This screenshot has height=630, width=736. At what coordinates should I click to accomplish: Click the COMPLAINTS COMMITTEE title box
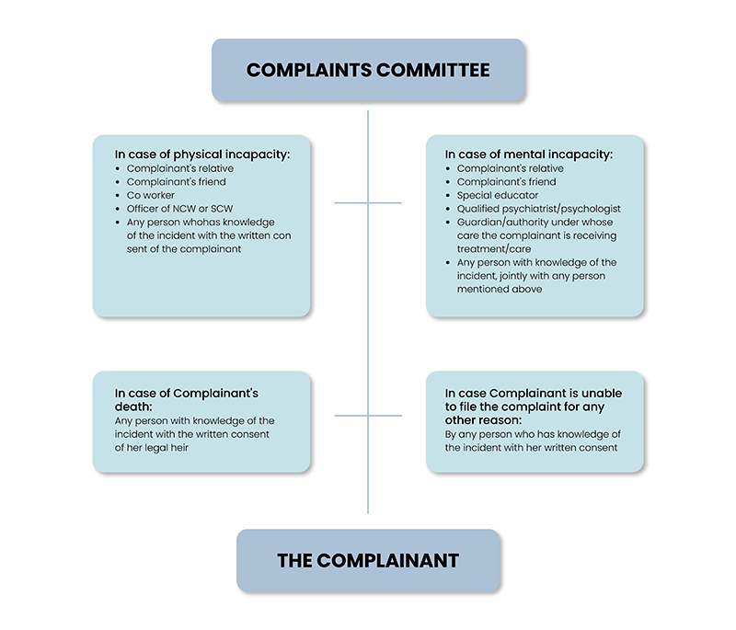click(x=368, y=71)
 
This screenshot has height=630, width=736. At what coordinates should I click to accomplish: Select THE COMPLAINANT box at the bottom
click(x=368, y=560)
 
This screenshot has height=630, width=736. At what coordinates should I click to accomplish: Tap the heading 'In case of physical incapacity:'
click(x=202, y=155)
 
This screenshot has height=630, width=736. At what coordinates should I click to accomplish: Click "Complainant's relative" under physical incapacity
click(x=179, y=168)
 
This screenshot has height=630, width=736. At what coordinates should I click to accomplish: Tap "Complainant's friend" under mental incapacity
click(x=506, y=182)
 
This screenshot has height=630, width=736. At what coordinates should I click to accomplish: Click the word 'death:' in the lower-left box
click(x=134, y=407)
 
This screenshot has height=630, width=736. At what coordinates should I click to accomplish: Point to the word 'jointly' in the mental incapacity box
click(x=516, y=275)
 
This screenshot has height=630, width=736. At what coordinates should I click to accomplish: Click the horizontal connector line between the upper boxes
click(x=368, y=202)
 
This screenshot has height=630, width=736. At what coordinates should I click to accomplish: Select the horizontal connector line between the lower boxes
click(x=368, y=416)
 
